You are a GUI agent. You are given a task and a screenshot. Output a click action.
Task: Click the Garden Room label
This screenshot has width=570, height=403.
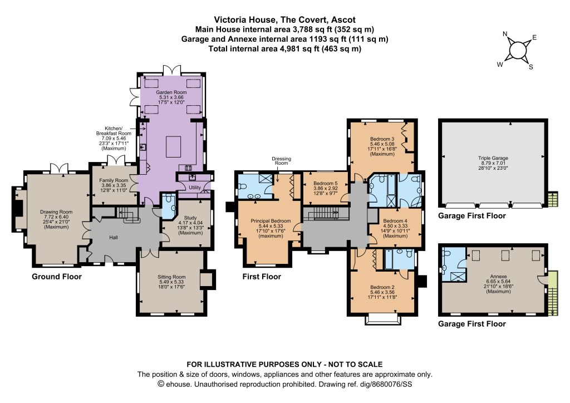click(171, 92)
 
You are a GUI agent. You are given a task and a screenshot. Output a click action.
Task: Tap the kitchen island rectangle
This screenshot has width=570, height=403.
click(174, 146)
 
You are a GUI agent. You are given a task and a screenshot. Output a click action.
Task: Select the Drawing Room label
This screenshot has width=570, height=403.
click(56, 212)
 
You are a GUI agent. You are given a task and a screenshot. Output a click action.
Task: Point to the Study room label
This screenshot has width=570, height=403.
click(190, 218)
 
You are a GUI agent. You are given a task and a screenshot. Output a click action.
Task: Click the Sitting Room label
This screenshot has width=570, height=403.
click(171, 277)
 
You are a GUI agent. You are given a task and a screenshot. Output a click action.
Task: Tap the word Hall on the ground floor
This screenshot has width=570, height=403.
click(114, 238)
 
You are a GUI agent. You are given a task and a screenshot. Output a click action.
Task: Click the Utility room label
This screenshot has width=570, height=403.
click(195, 188)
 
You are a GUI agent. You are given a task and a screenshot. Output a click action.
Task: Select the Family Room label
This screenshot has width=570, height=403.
click(114, 180)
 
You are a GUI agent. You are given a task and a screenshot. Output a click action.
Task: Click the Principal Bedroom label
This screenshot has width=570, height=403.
click(271, 221)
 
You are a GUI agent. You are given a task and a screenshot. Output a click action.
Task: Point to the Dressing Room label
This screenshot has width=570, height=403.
click(281, 161)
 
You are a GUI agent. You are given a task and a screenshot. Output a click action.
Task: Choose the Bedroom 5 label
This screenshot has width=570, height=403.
click(326, 184)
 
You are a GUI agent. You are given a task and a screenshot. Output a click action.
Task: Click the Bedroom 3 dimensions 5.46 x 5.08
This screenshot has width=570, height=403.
click(382, 144)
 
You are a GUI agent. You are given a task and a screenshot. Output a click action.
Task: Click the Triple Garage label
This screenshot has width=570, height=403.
click(493, 159)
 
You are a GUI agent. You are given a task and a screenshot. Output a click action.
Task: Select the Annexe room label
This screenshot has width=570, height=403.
click(498, 277)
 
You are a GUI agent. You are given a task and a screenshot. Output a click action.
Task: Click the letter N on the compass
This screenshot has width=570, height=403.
click(505, 34)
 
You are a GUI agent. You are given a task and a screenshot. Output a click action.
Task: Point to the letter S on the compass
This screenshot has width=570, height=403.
click(530, 67)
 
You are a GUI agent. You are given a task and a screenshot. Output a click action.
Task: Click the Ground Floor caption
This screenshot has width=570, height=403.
click(57, 277)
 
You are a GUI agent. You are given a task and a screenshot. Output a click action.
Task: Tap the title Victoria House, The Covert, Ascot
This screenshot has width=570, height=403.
click(284, 19)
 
